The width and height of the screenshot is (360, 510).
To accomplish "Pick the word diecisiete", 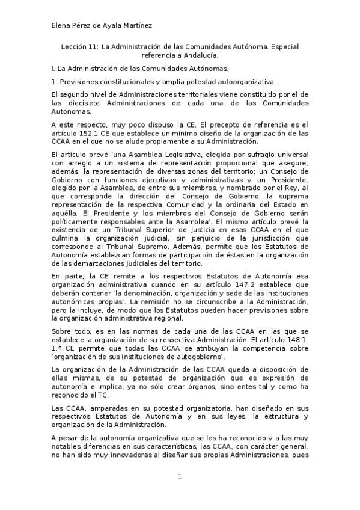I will coord(81,103).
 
